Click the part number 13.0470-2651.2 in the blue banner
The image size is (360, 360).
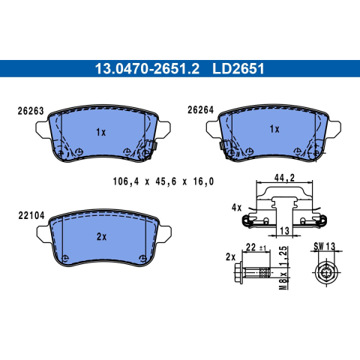(x=147, y=69)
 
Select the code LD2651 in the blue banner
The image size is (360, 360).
(x=238, y=69)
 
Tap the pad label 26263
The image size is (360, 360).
(x=31, y=111)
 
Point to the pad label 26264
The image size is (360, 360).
(x=201, y=109)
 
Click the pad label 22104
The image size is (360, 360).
(x=31, y=215)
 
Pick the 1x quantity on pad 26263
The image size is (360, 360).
(x=101, y=132)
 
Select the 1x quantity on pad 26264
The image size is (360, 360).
(x=274, y=129)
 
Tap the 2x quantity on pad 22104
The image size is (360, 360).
(x=101, y=237)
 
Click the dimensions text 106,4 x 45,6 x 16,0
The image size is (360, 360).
(x=163, y=181)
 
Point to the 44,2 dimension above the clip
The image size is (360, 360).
(x=284, y=178)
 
